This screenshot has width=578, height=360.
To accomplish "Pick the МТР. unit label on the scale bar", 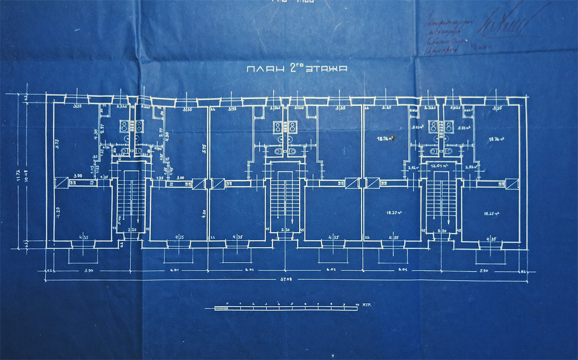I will (x=367, y=305).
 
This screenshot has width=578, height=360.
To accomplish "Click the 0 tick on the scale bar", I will (x=227, y=304).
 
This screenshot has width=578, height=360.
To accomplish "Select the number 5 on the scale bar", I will (x=292, y=304).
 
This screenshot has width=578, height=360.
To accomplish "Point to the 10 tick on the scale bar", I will (x=357, y=304).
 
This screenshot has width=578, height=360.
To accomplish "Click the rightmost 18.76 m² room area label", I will (x=496, y=139).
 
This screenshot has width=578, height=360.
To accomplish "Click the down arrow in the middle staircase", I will (x=292, y=221).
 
